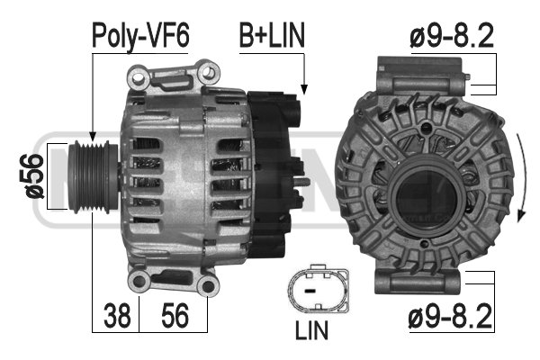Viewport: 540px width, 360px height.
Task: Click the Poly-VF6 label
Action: (140, 36)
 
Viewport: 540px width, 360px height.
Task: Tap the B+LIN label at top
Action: (272, 35)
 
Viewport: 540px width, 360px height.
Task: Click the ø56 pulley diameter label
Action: (35, 176)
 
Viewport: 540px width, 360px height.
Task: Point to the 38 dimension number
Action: (117, 315)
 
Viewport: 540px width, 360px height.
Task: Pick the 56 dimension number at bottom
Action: (175, 315)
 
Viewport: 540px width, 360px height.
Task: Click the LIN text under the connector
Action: (311, 330)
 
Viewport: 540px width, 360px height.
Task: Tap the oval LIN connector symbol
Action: (317, 289)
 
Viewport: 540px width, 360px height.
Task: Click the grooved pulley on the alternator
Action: (93, 176)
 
